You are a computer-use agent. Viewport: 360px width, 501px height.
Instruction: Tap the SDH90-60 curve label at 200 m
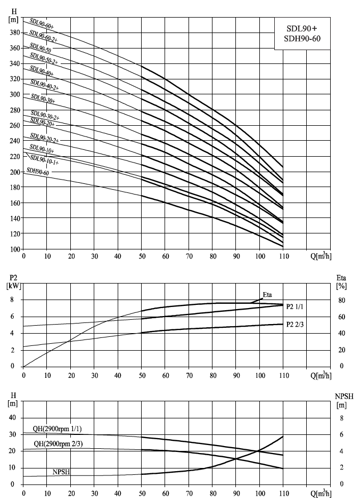coord(38,171)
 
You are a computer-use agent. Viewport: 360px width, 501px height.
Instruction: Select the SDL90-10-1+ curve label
coord(44,160)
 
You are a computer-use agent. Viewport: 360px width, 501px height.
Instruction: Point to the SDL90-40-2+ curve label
coord(45,85)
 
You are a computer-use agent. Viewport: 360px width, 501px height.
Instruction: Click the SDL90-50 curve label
coord(40,47)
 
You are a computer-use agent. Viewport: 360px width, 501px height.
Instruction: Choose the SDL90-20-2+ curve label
coord(44,138)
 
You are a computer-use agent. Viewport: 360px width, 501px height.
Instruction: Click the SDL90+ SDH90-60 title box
coord(302,34)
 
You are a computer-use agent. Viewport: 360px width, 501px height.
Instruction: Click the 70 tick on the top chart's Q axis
coord(189,256)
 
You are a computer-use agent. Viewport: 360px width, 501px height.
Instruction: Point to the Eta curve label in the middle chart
coord(267,295)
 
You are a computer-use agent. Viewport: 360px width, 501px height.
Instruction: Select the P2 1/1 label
coord(295,307)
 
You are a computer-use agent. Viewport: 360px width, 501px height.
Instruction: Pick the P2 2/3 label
coord(295,324)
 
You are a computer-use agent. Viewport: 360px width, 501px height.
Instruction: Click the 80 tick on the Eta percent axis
coord(341,301)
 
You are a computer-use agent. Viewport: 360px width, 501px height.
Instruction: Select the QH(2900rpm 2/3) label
coord(58,444)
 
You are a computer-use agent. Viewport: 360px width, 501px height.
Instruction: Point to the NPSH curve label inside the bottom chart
coord(62,472)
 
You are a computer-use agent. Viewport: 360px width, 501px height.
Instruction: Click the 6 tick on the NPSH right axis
coord(341,434)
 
